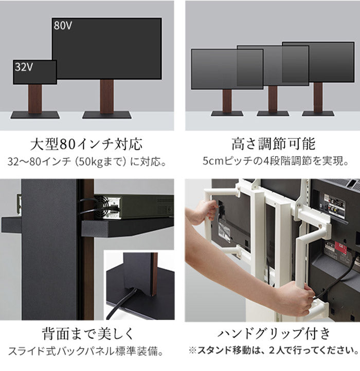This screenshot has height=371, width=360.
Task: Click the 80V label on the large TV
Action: (63, 25)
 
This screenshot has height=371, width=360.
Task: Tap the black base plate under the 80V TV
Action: (107, 114)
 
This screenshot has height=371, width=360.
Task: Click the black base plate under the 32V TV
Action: (34, 114)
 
